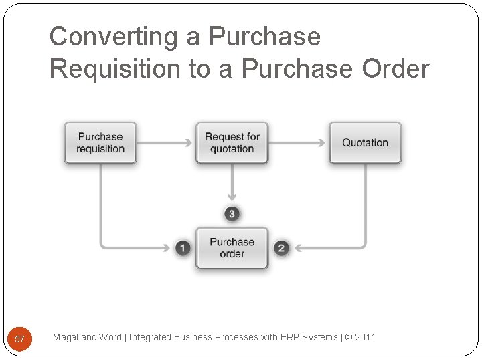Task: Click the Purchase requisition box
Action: [x=100, y=142]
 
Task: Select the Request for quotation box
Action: [x=232, y=142]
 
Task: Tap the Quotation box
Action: [x=365, y=142]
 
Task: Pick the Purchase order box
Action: [x=232, y=248]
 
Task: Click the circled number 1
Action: [x=183, y=248]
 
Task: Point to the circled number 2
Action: [x=281, y=248]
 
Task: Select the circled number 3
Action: [x=232, y=214]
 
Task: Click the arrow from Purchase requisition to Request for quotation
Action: [x=165, y=142]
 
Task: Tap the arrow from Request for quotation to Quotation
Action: [x=297, y=142]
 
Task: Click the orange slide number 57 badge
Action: [x=19, y=338]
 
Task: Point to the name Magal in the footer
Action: [x=66, y=337]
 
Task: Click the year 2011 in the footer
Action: [x=366, y=337]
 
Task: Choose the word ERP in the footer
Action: [x=291, y=337]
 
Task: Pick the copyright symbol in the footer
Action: [x=349, y=337]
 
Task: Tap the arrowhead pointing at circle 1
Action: [x=167, y=248]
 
